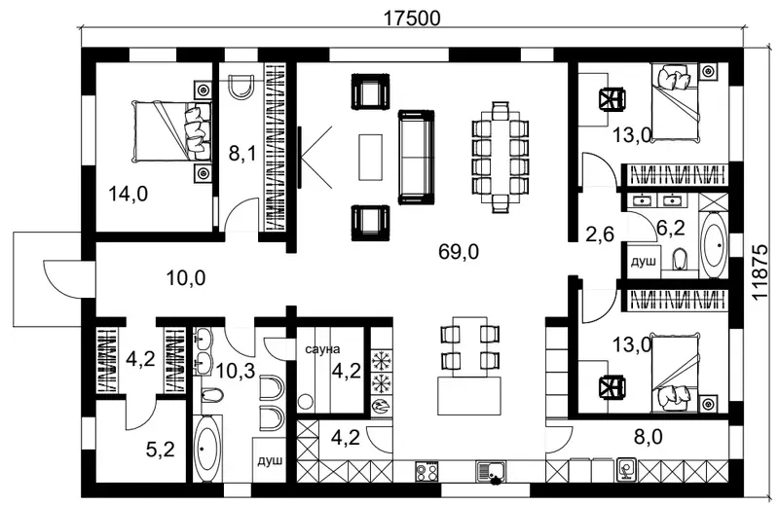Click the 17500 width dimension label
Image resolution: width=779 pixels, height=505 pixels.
(412, 18)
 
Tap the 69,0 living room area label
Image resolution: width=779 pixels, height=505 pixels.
(459, 252)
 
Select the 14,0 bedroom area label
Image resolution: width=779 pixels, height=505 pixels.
(129, 194)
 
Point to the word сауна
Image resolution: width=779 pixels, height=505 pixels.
(322, 349)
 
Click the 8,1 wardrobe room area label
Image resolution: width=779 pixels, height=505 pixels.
(242, 154)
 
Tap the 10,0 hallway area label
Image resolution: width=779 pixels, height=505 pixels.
(186, 278)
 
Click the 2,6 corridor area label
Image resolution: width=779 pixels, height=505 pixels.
(600, 234)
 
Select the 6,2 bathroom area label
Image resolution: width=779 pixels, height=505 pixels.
(671, 228)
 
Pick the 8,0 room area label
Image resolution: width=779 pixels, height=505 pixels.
(649, 437)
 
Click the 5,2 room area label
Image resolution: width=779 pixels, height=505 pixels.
(161, 450)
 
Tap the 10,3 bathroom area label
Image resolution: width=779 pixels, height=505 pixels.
(236, 370)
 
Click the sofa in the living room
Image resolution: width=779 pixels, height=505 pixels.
(417, 157)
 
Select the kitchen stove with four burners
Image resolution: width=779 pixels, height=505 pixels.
(427, 471)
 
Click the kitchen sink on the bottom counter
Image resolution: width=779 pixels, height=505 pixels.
(491, 471)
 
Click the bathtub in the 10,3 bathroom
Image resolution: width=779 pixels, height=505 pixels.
(206, 449)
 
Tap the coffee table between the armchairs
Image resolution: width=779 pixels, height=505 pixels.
(371, 157)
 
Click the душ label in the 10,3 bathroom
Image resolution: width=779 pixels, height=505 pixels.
(270, 460)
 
